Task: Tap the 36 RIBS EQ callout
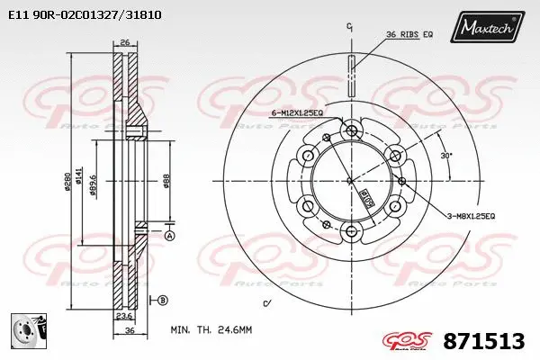(x=409, y=34)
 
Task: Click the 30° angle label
(x=447, y=155)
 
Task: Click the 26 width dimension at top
(x=124, y=42)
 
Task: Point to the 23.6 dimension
(x=125, y=316)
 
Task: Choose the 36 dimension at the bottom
(x=130, y=332)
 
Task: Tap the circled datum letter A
(x=169, y=236)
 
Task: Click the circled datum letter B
(x=163, y=299)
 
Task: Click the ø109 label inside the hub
(x=366, y=195)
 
